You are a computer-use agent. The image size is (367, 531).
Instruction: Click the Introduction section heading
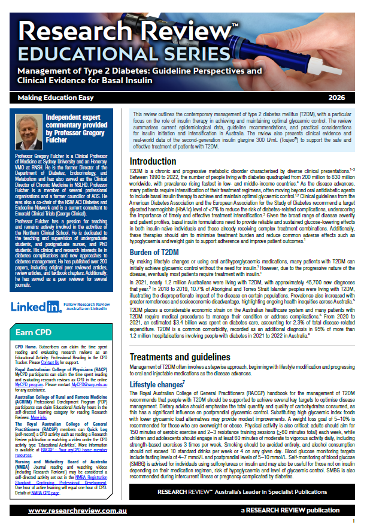[x=153, y=162]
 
